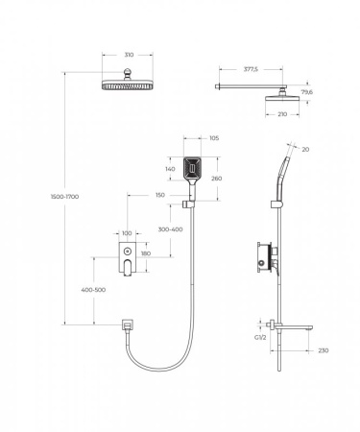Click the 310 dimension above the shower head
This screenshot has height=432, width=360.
[129, 55]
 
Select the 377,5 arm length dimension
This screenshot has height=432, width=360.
[251, 69]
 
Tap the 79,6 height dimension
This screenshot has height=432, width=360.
[307, 92]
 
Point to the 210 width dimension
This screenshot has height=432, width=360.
[282, 114]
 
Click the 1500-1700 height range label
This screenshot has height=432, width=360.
[65, 197]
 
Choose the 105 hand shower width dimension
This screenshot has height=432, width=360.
[214, 138]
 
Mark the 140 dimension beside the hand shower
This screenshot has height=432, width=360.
[170, 169]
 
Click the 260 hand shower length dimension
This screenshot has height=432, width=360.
[217, 179]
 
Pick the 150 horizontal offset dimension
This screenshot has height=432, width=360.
[160, 195]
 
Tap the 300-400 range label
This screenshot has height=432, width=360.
[171, 229]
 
